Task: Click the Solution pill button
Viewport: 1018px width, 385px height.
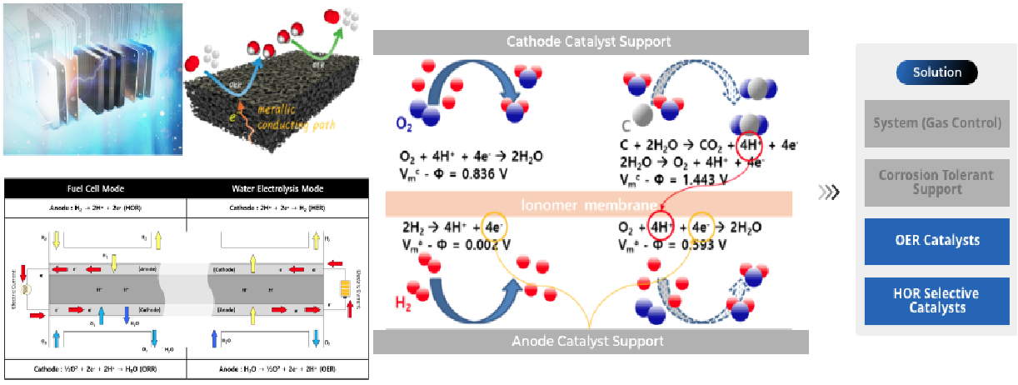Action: pos(937,72)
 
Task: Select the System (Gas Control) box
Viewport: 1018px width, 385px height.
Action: pos(937,123)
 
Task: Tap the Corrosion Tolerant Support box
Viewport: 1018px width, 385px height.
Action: pos(937,182)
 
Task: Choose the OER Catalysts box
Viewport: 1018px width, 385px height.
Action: pos(937,241)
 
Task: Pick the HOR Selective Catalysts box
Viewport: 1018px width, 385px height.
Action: pos(937,300)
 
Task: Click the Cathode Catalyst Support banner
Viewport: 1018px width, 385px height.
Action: pos(590,41)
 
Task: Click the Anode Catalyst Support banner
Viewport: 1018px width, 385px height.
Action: pos(590,341)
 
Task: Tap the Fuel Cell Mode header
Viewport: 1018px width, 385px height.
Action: pos(95,187)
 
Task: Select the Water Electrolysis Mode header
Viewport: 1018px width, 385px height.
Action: pos(277,187)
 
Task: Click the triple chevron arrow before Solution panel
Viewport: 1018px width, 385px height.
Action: pos(829,193)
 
